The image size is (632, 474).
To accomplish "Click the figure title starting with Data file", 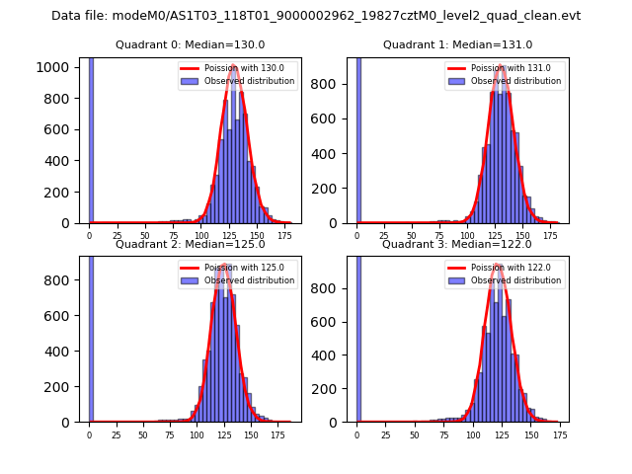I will pos(316,16).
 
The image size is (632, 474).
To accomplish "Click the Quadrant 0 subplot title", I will pos(190,44).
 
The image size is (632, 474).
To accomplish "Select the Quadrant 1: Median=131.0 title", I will pos(457,44).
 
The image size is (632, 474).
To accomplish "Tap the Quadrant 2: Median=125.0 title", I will pos(190,244).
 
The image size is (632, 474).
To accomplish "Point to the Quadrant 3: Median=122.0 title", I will pos(457,244).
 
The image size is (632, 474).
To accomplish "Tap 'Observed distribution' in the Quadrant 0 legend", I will pos(249,82).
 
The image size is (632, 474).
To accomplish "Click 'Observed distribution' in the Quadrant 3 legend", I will pos(516,280).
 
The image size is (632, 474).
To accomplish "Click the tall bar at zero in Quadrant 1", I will pos(358,138).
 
